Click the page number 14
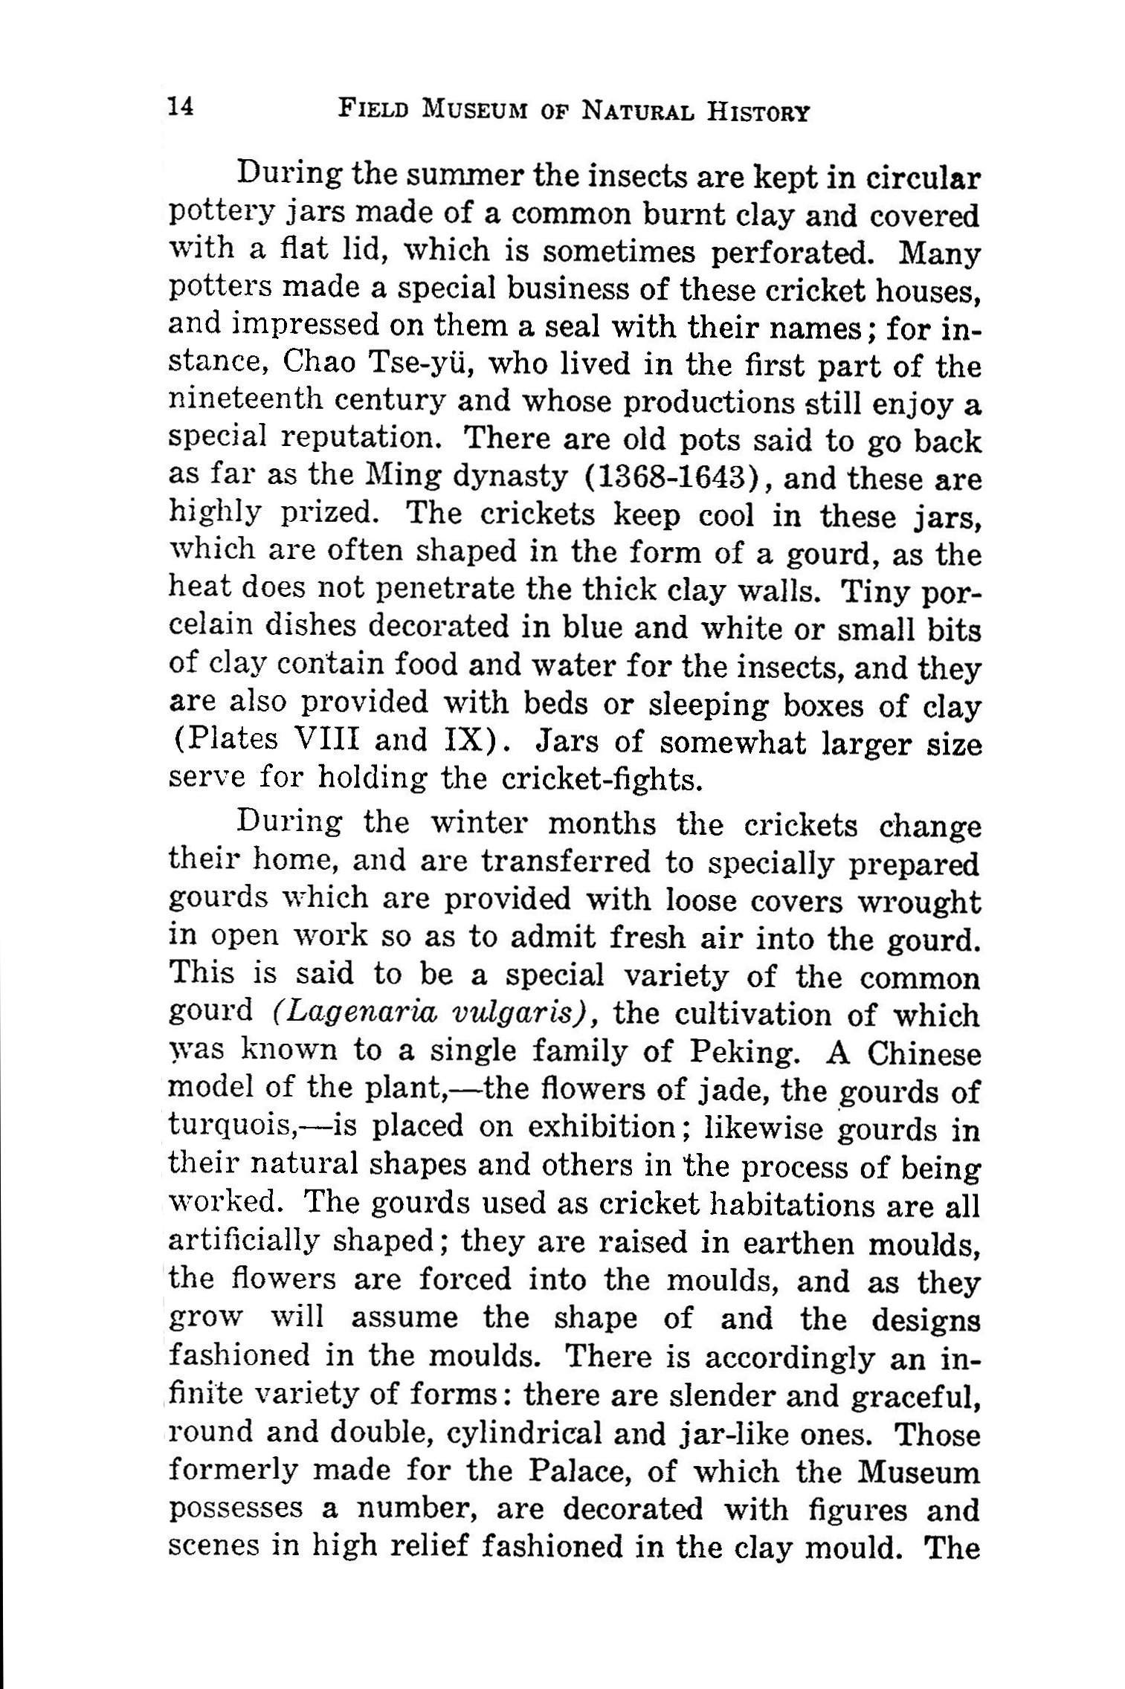(x=181, y=107)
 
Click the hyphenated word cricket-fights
(x=602, y=778)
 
